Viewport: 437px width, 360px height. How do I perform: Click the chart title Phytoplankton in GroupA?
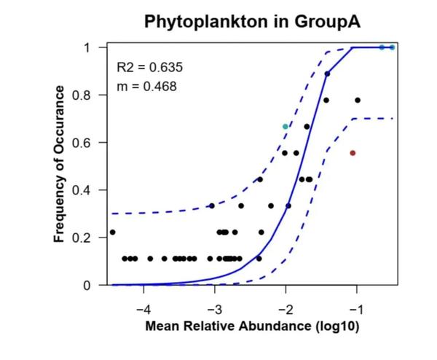(252, 20)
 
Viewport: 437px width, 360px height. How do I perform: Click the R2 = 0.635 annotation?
(150, 68)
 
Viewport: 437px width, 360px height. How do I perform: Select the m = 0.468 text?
(146, 87)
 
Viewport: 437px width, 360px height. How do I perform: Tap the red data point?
(353, 153)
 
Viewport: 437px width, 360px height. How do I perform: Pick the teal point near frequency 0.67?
(286, 127)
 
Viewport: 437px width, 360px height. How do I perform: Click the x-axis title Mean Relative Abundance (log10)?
(252, 326)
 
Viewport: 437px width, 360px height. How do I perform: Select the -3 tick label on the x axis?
(213, 302)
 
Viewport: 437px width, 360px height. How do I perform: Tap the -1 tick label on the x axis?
(355, 302)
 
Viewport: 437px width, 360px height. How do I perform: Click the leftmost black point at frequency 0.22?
(112, 232)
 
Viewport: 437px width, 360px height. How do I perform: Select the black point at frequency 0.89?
(327, 74)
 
